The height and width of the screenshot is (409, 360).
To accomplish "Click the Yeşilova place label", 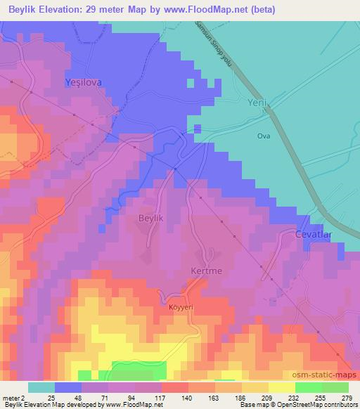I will pyautogui.click(x=83, y=82).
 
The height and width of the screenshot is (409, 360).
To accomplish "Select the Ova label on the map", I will pyautogui.click(x=264, y=135).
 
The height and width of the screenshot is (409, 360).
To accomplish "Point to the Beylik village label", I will pyautogui.click(x=149, y=219).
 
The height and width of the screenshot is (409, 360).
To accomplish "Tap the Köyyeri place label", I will pyautogui.click(x=181, y=306).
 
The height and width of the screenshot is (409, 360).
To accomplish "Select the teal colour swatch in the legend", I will pyautogui.click(x=41, y=387).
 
